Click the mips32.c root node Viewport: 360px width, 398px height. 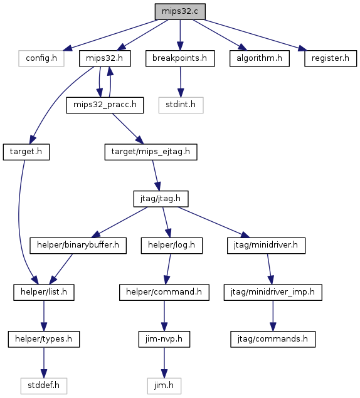pos(180,11)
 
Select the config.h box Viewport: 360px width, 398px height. pos(41,58)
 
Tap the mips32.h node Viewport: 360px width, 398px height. pos(105,58)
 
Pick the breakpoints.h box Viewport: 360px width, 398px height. pos(180,58)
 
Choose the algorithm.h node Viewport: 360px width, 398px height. pos(260,58)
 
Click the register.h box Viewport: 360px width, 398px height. pos(331,58)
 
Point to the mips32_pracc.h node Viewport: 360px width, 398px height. pos(105,105)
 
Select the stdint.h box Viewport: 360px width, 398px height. pos(181,105)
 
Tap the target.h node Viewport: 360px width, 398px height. pos(26,152)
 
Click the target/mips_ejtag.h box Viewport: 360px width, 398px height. pos(151,152)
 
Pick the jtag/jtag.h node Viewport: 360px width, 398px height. pos(161,199)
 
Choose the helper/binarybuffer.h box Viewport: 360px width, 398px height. pos(78,246)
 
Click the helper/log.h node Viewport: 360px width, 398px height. pos(172,246)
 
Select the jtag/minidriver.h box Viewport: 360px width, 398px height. pos(266,246)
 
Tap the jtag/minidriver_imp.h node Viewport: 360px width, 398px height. pos(273,293)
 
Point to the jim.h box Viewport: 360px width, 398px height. pos(164,386)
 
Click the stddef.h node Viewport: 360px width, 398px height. pos(44,386)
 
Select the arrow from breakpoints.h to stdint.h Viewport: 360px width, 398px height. pos(181,81)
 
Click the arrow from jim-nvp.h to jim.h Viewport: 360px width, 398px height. pos(164,362)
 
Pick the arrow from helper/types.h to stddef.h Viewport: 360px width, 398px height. pos(44,362)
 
